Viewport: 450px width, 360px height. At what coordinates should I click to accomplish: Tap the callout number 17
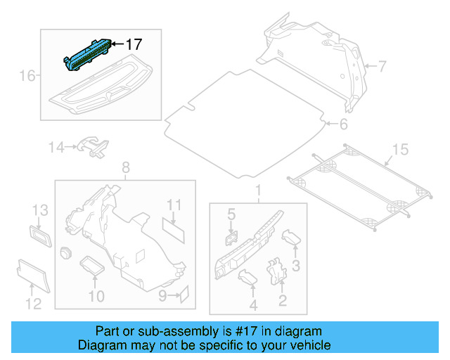coord(134,44)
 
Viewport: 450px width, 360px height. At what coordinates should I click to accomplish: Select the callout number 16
coord(26,75)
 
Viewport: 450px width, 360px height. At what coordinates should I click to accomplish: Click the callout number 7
coord(382,67)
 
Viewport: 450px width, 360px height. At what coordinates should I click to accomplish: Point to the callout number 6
coord(343,125)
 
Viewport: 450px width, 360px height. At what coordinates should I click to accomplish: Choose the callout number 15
coord(399,149)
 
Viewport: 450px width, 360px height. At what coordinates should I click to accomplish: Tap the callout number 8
coord(126,167)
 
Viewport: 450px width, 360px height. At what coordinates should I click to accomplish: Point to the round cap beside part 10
coord(67,253)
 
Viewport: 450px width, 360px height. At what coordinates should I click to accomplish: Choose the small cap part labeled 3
coord(291,239)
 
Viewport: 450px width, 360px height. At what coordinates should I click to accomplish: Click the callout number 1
coord(257,190)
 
